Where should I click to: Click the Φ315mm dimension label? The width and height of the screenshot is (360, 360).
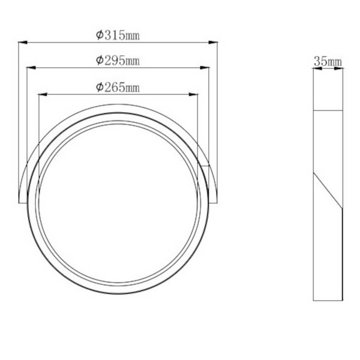tap(118, 35)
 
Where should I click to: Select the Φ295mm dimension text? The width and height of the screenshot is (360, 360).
tap(118, 61)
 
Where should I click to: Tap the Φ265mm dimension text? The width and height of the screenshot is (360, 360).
tap(118, 88)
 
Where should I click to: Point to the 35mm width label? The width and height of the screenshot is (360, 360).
tap(328, 62)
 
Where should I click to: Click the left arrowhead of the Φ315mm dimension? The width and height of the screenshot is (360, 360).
tap(23, 43)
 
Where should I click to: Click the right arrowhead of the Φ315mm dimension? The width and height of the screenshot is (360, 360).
tap(213, 43)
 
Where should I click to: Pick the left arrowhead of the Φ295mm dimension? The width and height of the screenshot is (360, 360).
tap(31, 67)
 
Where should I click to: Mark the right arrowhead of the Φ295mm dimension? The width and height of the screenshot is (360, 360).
tap(205, 67)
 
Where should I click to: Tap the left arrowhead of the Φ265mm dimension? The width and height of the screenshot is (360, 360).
tap(43, 94)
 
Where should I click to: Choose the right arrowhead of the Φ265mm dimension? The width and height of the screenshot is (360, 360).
tap(193, 94)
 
